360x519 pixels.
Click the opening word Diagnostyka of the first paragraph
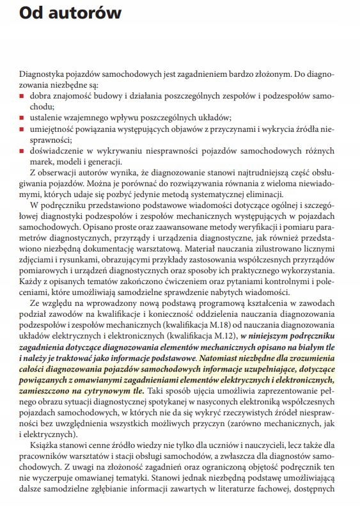[42, 75]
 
